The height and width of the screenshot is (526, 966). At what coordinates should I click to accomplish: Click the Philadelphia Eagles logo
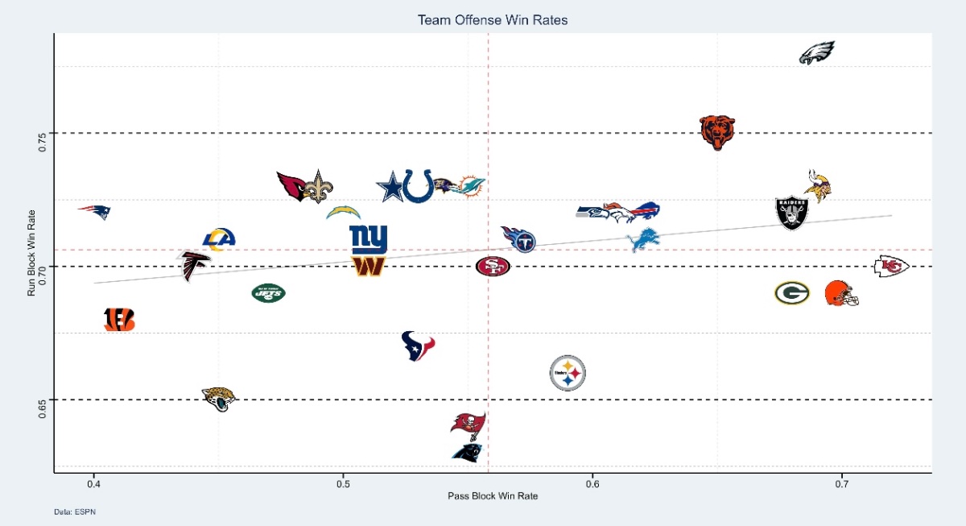816,53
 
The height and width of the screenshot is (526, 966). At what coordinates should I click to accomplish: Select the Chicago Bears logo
716,132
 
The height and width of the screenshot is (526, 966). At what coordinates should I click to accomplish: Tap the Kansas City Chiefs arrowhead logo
891,266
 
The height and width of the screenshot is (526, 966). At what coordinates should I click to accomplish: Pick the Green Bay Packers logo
792,293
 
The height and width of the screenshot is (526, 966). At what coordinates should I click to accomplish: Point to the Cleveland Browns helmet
842,293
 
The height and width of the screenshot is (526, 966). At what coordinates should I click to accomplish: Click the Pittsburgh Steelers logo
568,373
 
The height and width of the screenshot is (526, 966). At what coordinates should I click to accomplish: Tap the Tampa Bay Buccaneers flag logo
469,425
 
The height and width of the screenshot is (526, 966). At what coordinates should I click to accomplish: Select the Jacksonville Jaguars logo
218,398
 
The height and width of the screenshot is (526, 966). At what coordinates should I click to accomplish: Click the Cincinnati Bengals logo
119,320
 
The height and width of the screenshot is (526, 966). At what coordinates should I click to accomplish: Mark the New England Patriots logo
95,212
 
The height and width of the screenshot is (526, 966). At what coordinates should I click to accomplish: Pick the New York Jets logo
268,293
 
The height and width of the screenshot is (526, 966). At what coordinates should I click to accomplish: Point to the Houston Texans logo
418,346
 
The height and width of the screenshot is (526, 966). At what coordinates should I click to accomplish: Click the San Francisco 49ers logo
493,266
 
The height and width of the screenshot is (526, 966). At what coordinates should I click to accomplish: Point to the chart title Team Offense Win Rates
492,20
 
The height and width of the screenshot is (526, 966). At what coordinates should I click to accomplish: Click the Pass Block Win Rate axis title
492,496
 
